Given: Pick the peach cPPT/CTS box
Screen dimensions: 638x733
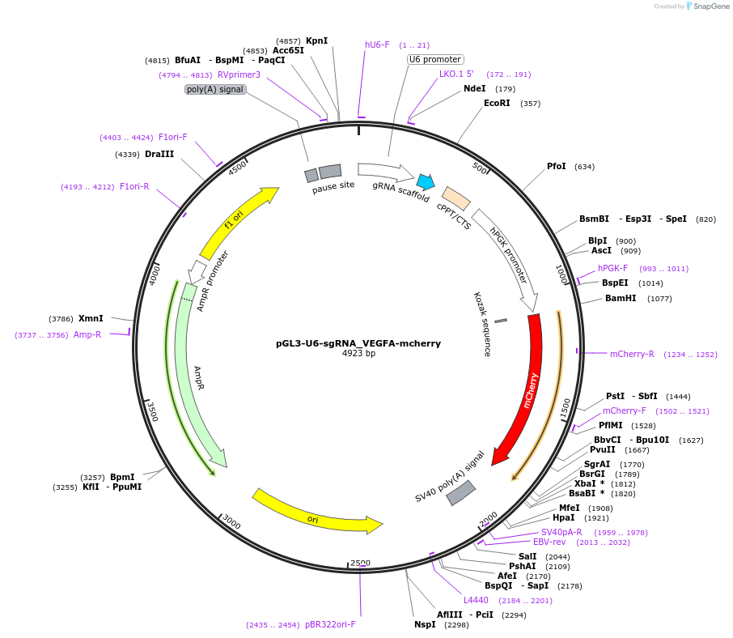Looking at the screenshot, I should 456,198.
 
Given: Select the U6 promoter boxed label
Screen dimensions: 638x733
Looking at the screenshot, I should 435,59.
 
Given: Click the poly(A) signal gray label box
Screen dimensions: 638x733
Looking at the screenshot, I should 215,89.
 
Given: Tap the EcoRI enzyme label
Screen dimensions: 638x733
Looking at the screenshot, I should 498,103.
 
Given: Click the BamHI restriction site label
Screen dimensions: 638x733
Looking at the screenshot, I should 621,298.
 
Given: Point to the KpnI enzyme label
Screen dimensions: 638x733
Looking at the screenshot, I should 316,40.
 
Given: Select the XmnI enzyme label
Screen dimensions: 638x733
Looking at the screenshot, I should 91,318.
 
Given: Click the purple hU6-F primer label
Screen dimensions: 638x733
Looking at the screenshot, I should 377,45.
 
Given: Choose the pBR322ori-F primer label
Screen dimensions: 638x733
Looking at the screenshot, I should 330,624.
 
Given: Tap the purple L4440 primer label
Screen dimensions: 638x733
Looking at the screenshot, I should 476,600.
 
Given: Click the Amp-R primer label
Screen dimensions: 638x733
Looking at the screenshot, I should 87,334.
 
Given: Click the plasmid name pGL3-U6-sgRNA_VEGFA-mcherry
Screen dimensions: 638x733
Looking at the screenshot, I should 358,343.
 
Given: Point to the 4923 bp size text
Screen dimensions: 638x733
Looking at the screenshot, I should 358,354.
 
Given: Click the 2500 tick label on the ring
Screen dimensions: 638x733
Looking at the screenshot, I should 360,563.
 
